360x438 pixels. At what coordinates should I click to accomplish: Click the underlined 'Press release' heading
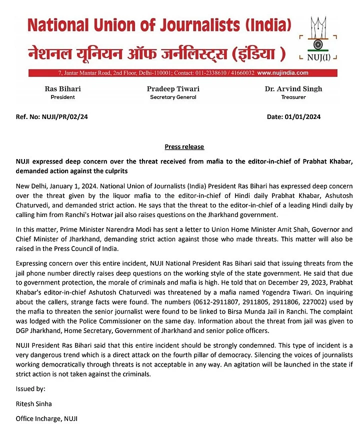pyautogui.click(x=184, y=147)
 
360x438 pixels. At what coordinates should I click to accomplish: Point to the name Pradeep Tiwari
pyautogui.click(x=173, y=89)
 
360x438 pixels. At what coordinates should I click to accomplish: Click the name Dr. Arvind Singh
pyautogui.click(x=293, y=89)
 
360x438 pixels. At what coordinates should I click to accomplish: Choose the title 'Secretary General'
pyautogui.click(x=173, y=97)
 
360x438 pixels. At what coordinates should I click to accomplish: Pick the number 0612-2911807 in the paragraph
pyautogui.click(x=157, y=302)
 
